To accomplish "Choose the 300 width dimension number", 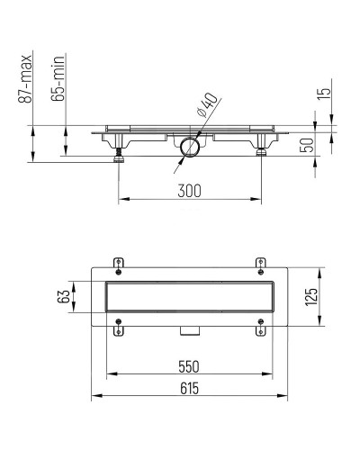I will click(x=189, y=191).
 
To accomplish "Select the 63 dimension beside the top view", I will click(x=64, y=297).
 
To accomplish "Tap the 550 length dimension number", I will click(x=187, y=366).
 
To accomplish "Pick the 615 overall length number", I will click(x=187, y=388).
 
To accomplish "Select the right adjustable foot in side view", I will click(x=262, y=152).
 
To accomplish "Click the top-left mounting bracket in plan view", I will click(x=118, y=265).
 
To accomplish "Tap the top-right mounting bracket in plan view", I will click(x=259, y=265).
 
